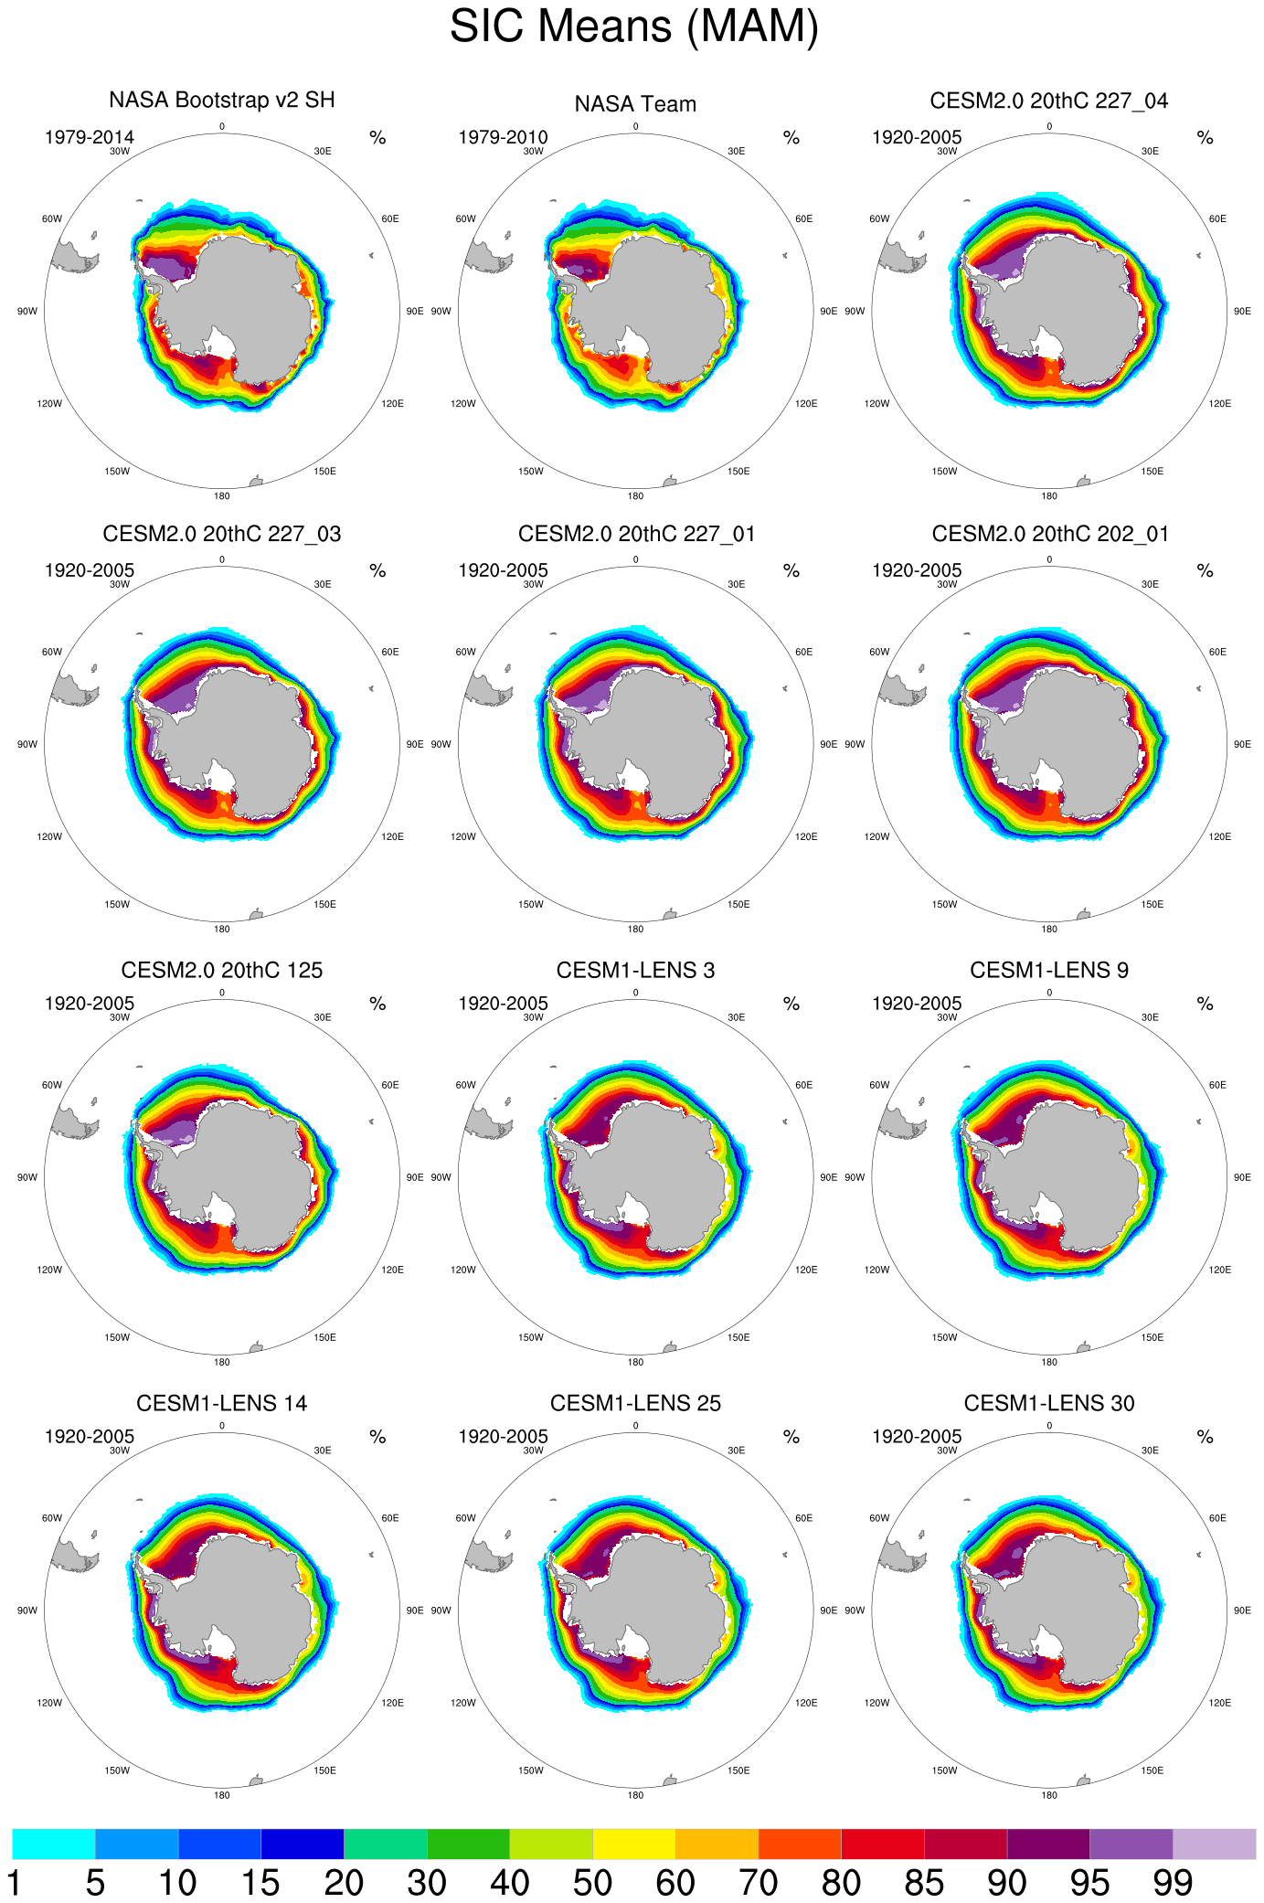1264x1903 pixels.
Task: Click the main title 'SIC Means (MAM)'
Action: click(633, 27)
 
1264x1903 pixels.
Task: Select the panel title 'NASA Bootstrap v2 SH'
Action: click(222, 100)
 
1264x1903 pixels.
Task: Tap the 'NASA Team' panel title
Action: click(635, 105)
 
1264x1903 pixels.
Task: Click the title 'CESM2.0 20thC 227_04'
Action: click(1048, 101)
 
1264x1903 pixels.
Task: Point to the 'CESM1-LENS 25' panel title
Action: click(635, 1403)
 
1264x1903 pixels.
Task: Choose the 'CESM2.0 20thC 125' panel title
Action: click(222, 970)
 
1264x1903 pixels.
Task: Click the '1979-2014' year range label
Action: click(90, 138)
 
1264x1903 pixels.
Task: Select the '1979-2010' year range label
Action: click(503, 138)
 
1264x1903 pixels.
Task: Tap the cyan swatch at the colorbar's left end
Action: click(54, 1844)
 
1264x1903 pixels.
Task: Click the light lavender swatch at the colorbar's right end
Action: click(1214, 1844)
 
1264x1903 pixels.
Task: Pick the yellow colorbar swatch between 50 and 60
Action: click(633, 1844)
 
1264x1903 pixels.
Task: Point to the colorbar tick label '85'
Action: click(924, 1884)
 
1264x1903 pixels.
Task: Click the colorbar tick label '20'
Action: click(344, 1884)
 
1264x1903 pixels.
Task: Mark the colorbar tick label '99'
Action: click(1173, 1884)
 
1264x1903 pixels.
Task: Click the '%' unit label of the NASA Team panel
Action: click(791, 138)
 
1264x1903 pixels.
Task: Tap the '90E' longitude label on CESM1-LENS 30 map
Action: click(1242, 1611)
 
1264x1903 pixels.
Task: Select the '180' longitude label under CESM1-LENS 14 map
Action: click(222, 1795)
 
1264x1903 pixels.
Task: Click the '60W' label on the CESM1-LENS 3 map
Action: click(465, 1085)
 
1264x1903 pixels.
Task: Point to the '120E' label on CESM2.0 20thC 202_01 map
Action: click(1220, 836)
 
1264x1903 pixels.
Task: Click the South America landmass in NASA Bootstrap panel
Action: click(71, 256)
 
